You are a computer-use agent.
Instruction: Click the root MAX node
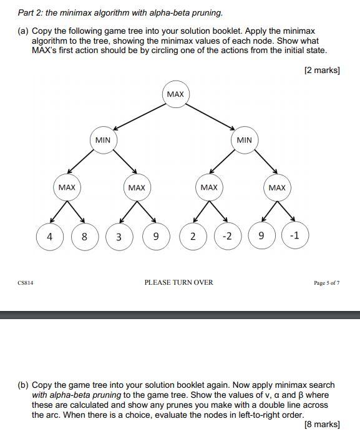(175, 94)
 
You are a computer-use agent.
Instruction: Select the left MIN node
(103, 140)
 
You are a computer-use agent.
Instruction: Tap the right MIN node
(244, 140)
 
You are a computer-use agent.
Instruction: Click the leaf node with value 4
(49, 237)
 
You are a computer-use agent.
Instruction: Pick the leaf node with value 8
(85, 237)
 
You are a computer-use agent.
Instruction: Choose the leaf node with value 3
(119, 237)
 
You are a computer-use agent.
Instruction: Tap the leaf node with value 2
(193, 237)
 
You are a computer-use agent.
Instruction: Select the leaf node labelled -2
(227, 237)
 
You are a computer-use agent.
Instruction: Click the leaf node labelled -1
(295, 236)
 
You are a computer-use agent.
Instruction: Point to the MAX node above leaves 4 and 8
(67, 187)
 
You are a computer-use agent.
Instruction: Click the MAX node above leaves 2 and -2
(209, 187)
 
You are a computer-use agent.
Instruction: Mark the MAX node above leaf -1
(277, 187)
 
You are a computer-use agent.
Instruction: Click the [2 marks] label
(321, 71)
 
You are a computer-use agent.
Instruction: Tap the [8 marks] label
(321, 425)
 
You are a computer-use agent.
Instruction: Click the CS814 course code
(26, 283)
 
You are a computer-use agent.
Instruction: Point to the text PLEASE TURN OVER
(178, 282)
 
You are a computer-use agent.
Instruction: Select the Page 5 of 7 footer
(326, 283)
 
